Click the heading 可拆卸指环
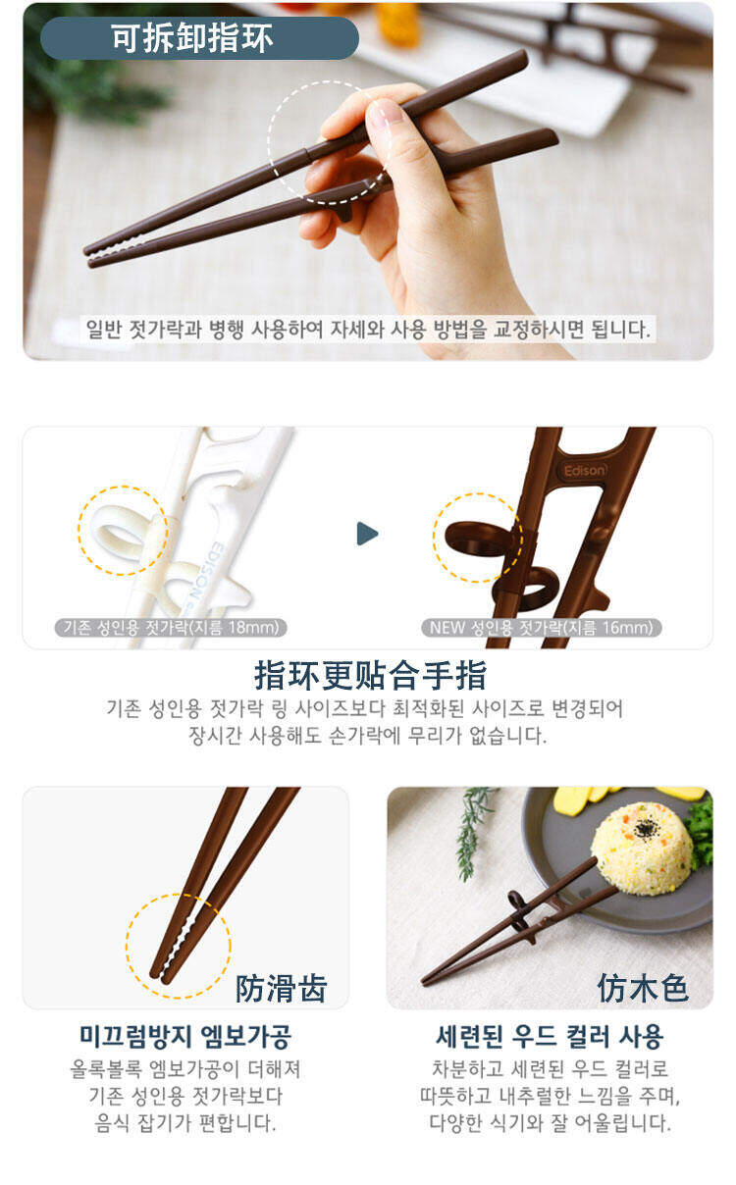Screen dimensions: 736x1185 point(191,38)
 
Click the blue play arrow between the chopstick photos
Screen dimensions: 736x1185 point(367,534)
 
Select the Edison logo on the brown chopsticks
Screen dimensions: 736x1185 point(584,470)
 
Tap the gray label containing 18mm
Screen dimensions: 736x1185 point(171,628)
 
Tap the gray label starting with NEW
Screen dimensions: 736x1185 point(542,628)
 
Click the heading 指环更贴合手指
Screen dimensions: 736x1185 point(370,676)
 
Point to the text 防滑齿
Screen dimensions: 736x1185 point(281,988)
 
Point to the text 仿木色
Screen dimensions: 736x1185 point(643,988)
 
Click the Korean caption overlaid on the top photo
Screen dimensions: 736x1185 point(368,329)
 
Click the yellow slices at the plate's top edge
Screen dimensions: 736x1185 point(624,797)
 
